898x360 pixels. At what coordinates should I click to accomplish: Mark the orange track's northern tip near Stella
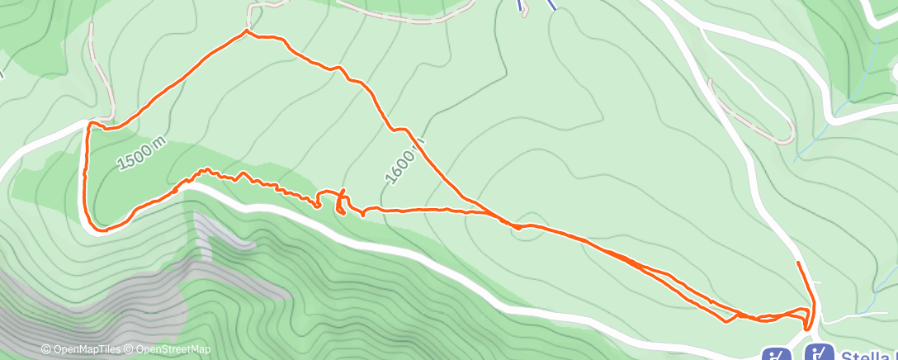click(797, 263)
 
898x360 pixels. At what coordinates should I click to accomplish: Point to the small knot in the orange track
click(340, 205)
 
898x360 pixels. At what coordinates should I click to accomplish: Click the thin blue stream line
click(825, 124)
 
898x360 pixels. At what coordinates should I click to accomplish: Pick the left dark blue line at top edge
click(521, 6)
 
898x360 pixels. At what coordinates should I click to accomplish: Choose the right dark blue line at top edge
click(552, 4)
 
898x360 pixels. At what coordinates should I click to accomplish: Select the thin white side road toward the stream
click(850, 315)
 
